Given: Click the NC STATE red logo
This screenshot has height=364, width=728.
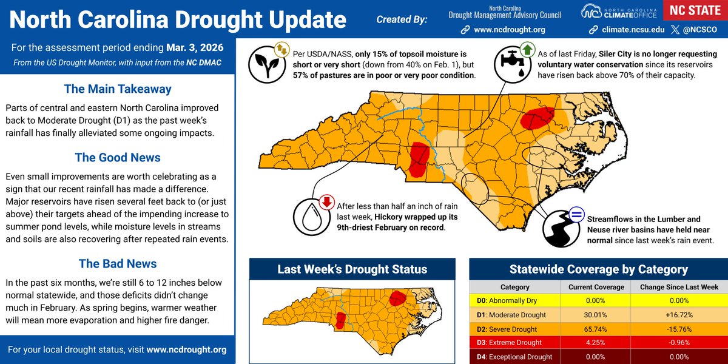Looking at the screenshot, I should (695, 11).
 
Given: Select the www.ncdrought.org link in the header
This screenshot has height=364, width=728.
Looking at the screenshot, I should (508, 29).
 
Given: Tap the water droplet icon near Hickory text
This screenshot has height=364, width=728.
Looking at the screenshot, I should (312, 217).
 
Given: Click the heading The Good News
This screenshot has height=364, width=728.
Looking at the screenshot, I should (118, 158).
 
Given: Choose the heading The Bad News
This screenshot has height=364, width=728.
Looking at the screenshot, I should (118, 264).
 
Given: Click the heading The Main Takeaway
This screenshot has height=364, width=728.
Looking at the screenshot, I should (118, 89).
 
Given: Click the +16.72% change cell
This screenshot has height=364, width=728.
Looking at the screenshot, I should (675, 315).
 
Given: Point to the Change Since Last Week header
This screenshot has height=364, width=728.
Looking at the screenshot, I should (675, 287).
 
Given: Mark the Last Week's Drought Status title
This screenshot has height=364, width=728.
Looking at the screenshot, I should (352, 269).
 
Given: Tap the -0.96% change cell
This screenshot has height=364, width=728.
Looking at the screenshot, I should (675, 343).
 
